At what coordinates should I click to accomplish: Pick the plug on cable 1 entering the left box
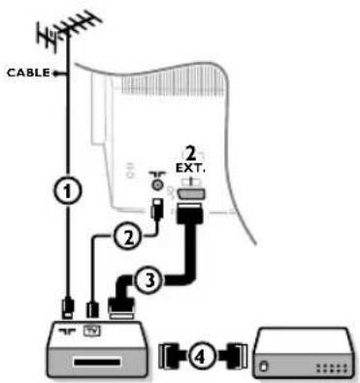click(64, 309)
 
